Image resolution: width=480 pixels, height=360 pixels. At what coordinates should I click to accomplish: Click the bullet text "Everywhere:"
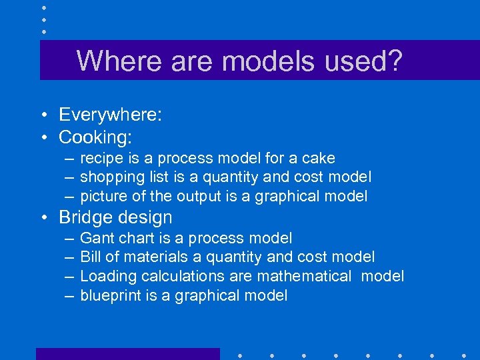(x=110, y=115)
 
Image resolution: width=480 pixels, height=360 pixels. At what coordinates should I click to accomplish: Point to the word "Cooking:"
(x=95, y=137)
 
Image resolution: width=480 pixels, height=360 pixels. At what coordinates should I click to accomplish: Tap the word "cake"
(x=319, y=159)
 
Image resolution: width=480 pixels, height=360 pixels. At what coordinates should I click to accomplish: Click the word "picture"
(x=102, y=196)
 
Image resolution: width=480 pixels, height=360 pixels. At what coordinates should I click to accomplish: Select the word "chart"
(x=134, y=238)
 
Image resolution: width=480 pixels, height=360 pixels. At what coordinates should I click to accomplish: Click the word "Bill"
(x=90, y=257)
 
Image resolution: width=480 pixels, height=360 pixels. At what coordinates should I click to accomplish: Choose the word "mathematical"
(x=305, y=276)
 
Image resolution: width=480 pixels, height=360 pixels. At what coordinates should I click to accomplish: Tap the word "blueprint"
(x=110, y=295)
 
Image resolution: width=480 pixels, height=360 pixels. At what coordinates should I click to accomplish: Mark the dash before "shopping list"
(x=69, y=177)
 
